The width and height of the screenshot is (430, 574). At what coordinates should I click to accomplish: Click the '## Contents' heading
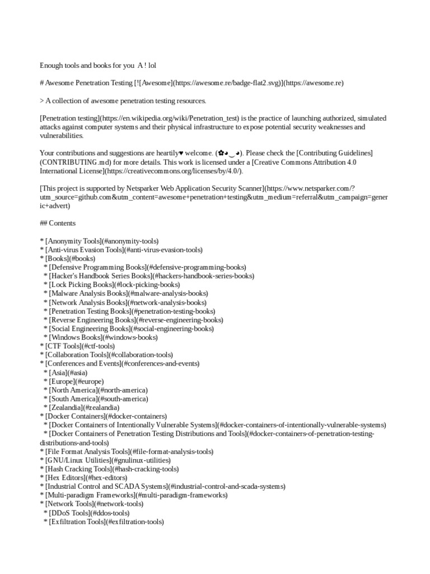point(58,223)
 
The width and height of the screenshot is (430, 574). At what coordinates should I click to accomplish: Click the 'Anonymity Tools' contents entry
point(99,241)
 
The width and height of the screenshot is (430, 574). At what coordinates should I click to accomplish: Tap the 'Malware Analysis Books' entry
point(128,293)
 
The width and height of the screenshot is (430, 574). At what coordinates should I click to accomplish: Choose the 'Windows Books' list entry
point(104,337)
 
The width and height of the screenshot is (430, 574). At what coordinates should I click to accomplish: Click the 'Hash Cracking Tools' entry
point(109,469)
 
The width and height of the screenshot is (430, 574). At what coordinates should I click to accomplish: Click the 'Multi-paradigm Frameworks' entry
point(134,496)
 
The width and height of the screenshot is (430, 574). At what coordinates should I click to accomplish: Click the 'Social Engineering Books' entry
point(130,328)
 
